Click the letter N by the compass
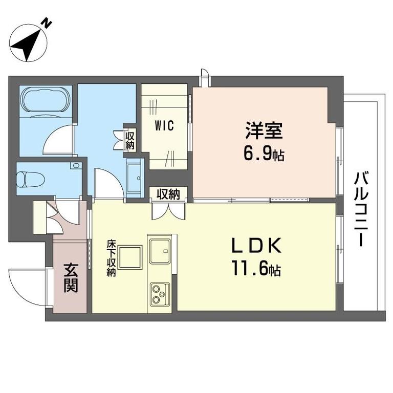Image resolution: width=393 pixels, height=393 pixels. click(47, 24)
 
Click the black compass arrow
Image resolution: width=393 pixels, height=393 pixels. click(27, 46)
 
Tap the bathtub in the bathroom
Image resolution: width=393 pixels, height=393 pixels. click(46, 100)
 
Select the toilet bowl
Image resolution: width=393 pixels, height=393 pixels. click(30, 180)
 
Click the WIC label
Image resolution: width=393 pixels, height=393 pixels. click(164, 125)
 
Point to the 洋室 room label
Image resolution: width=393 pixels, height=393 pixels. click(264, 130)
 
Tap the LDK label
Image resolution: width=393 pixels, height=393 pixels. click(256, 246)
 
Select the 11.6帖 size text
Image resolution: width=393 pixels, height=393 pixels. click(256, 268)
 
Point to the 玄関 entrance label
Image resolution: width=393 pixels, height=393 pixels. click(71, 278)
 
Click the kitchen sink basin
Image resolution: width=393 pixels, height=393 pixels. click(160, 251)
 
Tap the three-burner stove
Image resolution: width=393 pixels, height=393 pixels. click(160, 295)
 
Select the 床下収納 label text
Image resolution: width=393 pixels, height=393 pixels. click(111, 258)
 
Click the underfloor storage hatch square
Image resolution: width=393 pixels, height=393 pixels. click(130, 257)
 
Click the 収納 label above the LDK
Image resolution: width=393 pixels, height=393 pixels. click(168, 194)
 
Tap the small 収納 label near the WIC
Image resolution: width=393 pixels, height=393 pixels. click(130, 140)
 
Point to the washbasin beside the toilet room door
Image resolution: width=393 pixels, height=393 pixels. click(134, 179)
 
